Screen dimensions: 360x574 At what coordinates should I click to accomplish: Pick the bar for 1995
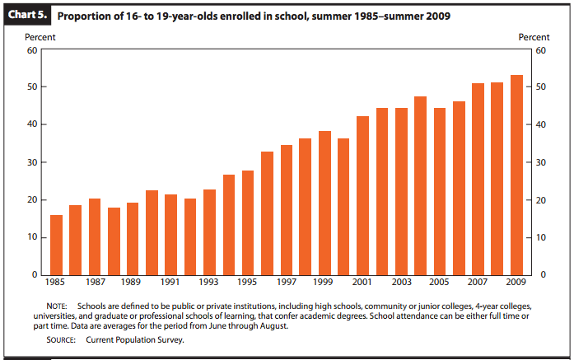pyautogui.click(x=248, y=222)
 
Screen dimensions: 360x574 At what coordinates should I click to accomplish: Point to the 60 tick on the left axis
pyautogui.click(x=32, y=50)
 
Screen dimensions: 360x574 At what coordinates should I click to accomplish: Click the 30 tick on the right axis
pyautogui.click(x=540, y=162)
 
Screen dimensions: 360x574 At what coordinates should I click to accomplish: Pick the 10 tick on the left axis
pyautogui.click(x=32, y=237)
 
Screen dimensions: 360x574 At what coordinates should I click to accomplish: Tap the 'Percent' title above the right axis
pyautogui.click(x=534, y=37)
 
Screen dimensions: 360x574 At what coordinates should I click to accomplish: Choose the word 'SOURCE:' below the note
pyautogui.click(x=63, y=339)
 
